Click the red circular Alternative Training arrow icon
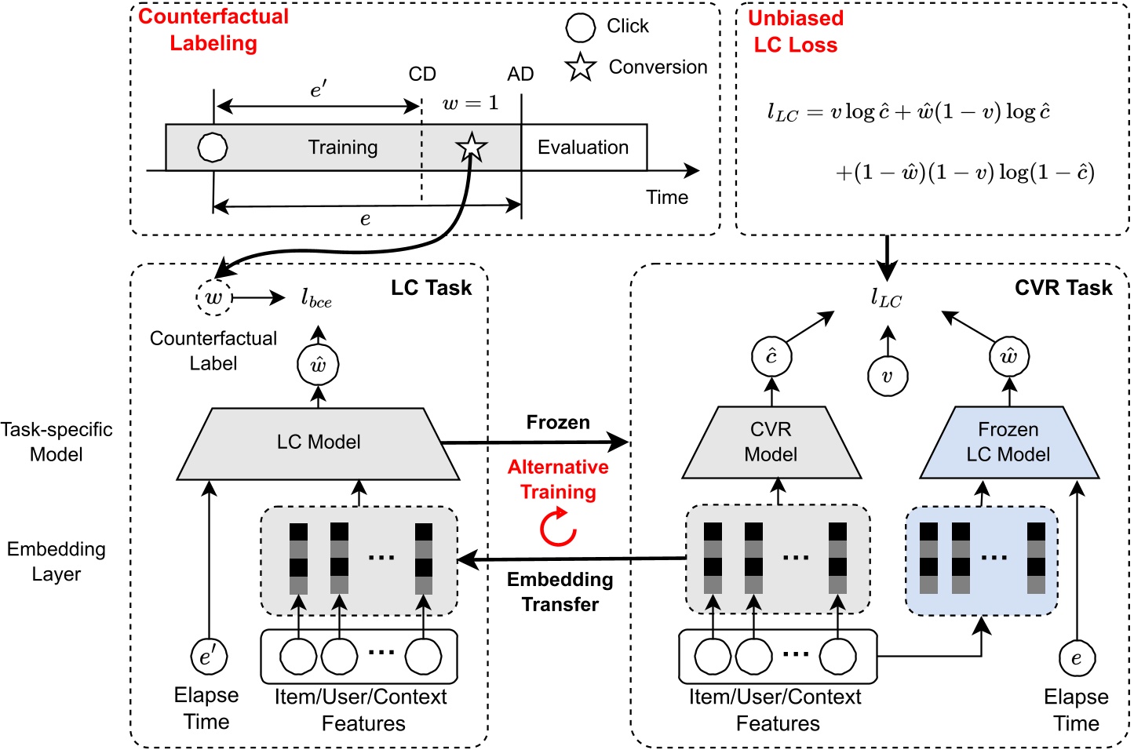pyautogui.click(x=558, y=527)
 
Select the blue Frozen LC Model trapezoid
pyautogui.click(x=1008, y=442)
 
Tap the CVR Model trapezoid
pyautogui.click(x=771, y=442)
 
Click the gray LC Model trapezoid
pyautogui.click(x=319, y=442)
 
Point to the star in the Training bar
pyautogui.click(x=471, y=147)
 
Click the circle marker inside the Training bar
pyautogui.click(x=213, y=147)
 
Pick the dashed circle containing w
pyautogui.click(x=213, y=298)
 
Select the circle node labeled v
pyautogui.click(x=887, y=377)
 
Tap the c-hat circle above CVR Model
pyautogui.click(x=771, y=357)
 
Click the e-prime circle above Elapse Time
pyautogui.click(x=209, y=657)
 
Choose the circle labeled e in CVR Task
pyautogui.click(x=1076, y=658)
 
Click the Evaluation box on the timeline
pyautogui.click(x=583, y=147)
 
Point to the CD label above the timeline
pyautogui.click(x=422, y=75)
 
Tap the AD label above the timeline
pyautogui.click(x=520, y=75)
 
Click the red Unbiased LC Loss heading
pyautogui.click(x=795, y=31)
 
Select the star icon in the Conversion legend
pyautogui.click(x=580, y=67)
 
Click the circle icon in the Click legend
pyautogui.click(x=581, y=27)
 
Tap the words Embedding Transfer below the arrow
pyautogui.click(x=560, y=592)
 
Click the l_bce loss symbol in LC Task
pyautogui.click(x=316, y=298)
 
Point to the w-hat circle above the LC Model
pyautogui.click(x=318, y=365)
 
